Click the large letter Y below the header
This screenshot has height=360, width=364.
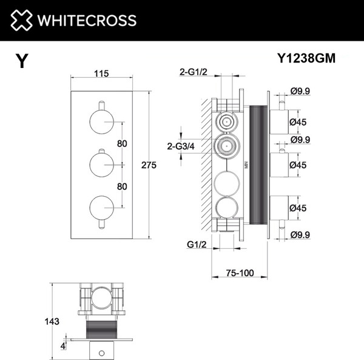coord(22,61)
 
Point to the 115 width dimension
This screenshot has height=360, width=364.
coord(101,73)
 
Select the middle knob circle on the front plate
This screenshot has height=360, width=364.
coord(101,165)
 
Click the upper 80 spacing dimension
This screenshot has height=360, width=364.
coord(122,143)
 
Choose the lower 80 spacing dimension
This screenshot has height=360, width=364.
coord(122,186)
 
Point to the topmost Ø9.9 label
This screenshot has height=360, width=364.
coord(300,91)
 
